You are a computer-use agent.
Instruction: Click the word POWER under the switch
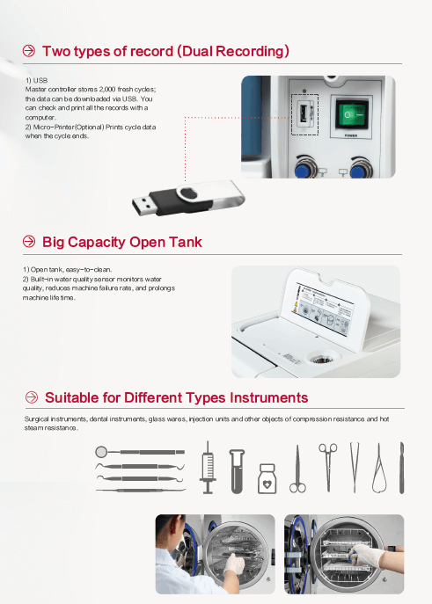point(351,136)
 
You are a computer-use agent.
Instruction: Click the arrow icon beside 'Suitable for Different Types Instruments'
point(31,397)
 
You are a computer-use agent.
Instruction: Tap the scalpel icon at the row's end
point(401,467)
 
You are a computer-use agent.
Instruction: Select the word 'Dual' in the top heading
point(201,52)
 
